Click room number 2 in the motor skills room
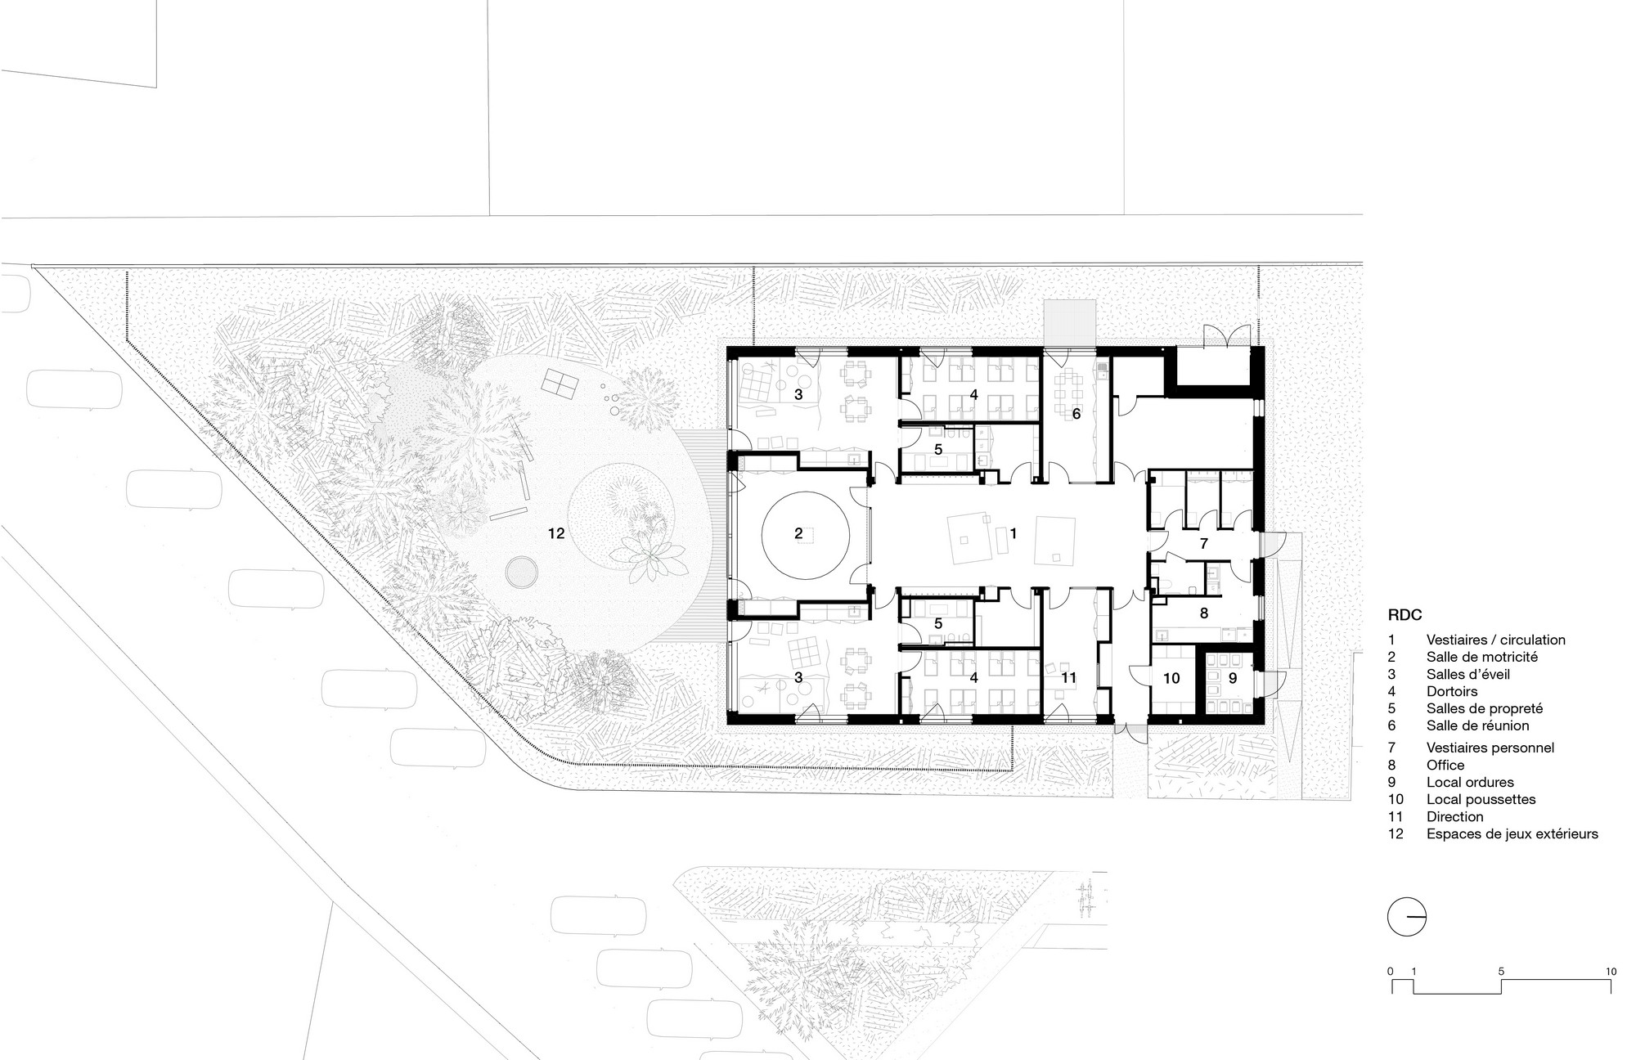(x=798, y=534)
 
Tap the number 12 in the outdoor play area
(x=556, y=533)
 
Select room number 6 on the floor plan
(x=1076, y=415)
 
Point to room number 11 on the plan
(x=1069, y=677)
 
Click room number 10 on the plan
(x=1171, y=678)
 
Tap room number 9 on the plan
(x=1232, y=678)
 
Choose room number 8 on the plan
(x=1203, y=613)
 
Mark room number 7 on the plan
(x=1203, y=543)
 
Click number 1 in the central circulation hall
(x=1014, y=533)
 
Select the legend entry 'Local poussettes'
(x=1481, y=799)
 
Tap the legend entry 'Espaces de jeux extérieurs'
(x=1512, y=834)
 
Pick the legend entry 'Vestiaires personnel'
(x=1490, y=748)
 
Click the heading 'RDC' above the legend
(x=1405, y=615)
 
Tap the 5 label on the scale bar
(x=1501, y=972)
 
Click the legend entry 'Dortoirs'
(x=1452, y=691)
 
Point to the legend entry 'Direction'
(x=1455, y=816)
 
